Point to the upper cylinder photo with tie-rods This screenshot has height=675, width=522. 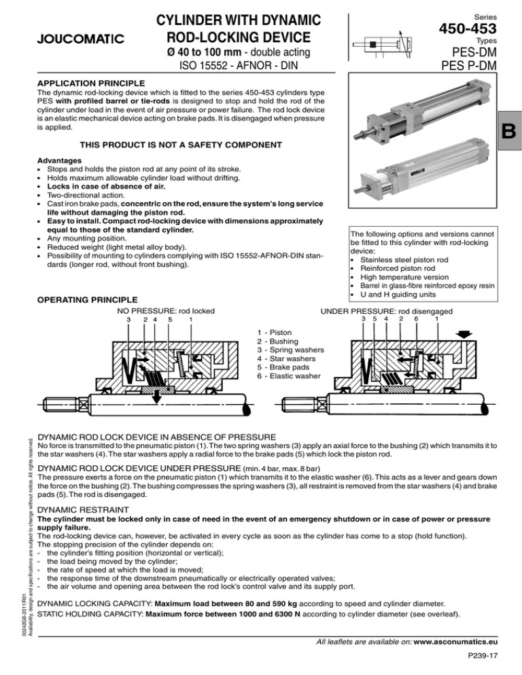[x=428, y=119]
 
